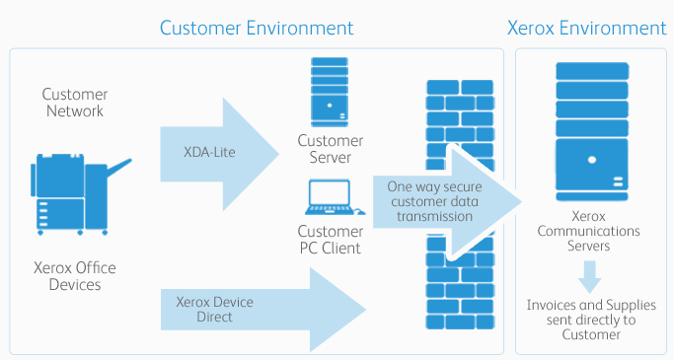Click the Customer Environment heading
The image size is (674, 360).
pyautogui.click(x=257, y=27)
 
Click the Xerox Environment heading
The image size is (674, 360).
pyautogui.click(x=586, y=27)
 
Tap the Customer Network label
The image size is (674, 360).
pyautogui.click(x=73, y=103)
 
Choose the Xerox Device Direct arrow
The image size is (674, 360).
pyautogui.click(x=262, y=310)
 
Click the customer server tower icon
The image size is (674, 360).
pyautogui.click(x=329, y=91)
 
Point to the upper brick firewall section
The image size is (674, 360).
pyautogui.click(x=461, y=113)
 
